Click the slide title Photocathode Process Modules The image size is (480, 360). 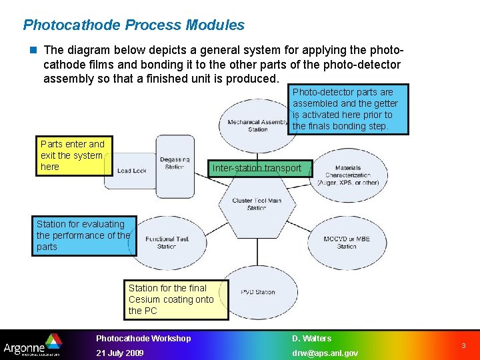[x=133, y=25]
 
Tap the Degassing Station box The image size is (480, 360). [x=175, y=163]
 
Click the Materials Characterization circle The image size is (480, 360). [x=347, y=175]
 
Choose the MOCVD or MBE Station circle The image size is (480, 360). [x=347, y=242]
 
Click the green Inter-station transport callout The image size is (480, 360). [x=259, y=168]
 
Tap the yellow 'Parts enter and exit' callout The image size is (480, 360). [x=73, y=156]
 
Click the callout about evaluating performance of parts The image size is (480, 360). [x=84, y=236]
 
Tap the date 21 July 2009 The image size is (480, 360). [x=120, y=353]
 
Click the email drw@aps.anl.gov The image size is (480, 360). [x=325, y=353]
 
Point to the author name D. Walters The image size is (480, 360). [x=311, y=338]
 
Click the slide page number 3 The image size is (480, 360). [x=464, y=346]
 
